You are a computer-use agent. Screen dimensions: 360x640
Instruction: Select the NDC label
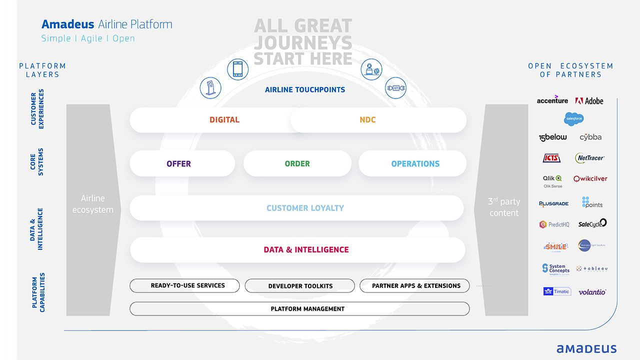pyautogui.click(x=367, y=120)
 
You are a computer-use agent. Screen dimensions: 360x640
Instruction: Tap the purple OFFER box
pyautogui.click(x=179, y=163)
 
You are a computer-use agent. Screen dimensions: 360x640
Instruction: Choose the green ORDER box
pyautogui.click(x=297, y=163)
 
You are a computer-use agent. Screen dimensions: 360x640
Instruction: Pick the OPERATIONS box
pyautogui.click(x=415, y=163)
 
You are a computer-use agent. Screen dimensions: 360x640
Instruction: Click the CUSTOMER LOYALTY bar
pyautogui.click(x=305, y=208)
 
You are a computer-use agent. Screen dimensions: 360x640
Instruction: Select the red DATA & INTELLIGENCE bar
pyautogui.click(x=306, y=249)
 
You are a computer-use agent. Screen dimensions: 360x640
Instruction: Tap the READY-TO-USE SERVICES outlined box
pyautogui.click(x=187, y=285)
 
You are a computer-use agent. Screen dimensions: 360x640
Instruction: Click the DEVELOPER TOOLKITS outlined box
pyautogui.click(x=300, y=286)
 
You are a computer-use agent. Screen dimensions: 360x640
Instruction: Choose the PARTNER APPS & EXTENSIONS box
pyautogui.click(x=416, y=285)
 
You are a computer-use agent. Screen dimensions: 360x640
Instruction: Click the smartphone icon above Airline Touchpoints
pyautogui.click(x=237, y=69)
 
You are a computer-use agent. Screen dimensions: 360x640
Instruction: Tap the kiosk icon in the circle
pyautogui.click(x=210, y=87)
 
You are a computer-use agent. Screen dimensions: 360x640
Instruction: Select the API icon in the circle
pyautogui.click(x=395, y=88)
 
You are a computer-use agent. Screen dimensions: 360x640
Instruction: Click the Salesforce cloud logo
pyautogui.click(x=574, y=118)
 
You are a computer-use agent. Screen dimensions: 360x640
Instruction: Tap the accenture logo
pyautogui.click(x=552, y=100)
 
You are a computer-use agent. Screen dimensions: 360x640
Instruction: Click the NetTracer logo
pyautogui.click(x=590, y=158)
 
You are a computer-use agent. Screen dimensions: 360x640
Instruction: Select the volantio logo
pyautogui.click(x=592, y=292)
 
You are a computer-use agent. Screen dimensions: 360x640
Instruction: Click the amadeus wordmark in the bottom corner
pyautogui.click(x=586, y=348)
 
